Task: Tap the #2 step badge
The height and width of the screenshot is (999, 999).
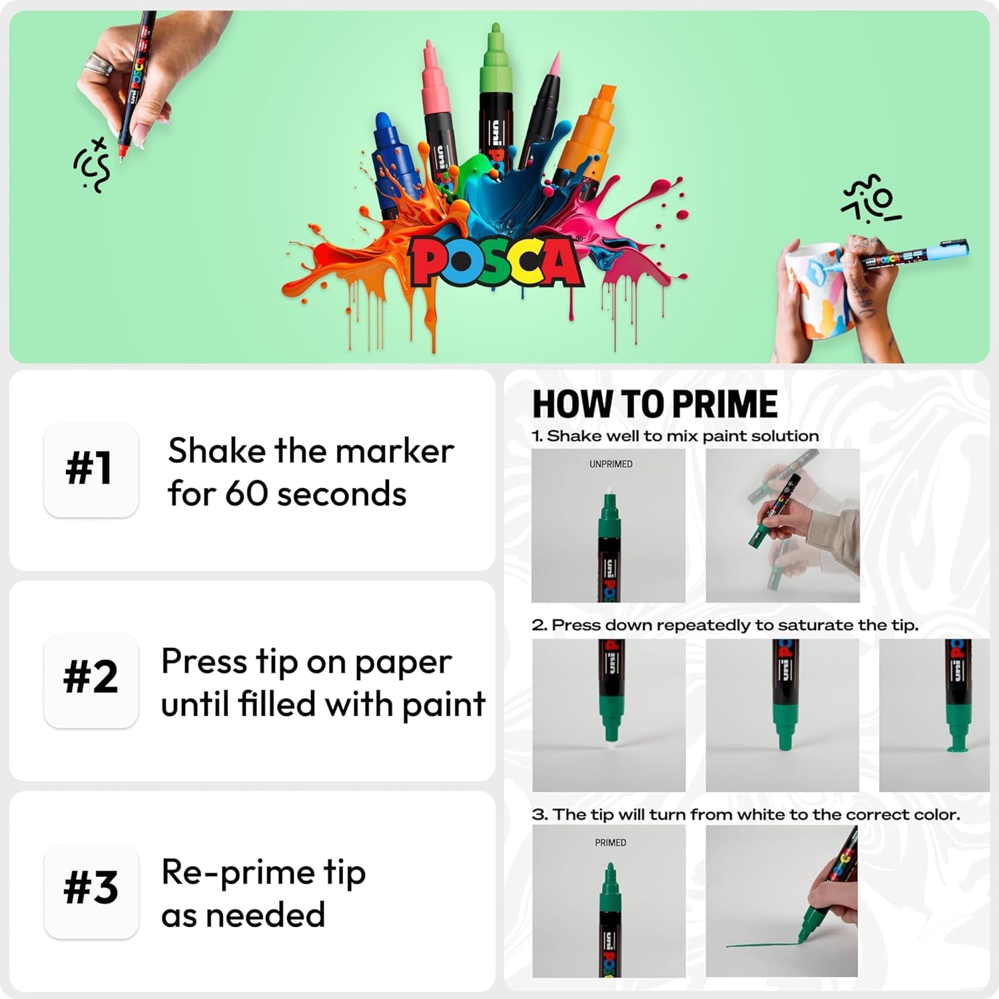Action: [91, 679]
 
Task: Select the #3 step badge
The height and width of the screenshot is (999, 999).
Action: [91, 890]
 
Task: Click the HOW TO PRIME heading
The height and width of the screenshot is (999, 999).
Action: [655, 404]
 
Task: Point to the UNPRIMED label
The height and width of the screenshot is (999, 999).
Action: [610, 464]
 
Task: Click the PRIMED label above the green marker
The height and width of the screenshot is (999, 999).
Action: [610, 842]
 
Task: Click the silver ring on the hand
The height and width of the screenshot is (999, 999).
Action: [99, 65]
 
